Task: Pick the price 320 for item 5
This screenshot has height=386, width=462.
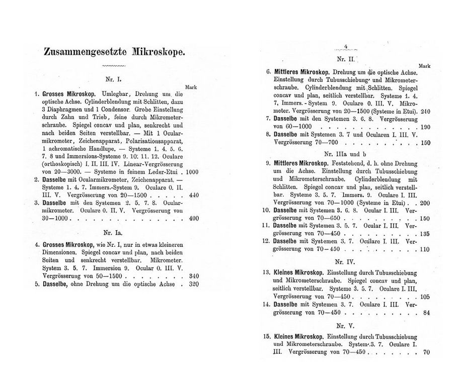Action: (192, 283)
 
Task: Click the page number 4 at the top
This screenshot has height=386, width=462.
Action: (346, 47)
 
